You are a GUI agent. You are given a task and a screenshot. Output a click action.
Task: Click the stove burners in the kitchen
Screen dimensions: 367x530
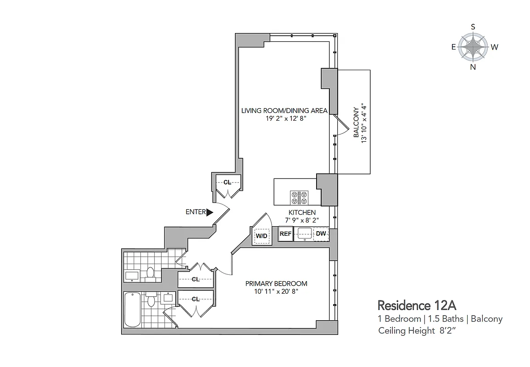[x=299, y=198]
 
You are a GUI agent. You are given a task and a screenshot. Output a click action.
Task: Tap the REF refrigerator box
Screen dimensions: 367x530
[x=285, y=234]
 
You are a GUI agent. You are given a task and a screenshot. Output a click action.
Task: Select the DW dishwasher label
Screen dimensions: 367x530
[x=321, y=234]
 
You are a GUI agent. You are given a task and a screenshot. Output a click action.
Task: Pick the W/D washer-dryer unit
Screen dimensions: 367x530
[x=262, y=236]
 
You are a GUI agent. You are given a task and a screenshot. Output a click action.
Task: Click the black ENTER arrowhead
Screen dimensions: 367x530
[x=210, y=212]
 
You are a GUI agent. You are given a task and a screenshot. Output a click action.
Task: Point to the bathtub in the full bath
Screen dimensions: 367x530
[x=133, y=310]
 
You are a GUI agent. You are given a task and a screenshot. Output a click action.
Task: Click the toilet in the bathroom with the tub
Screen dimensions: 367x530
[x=152, y=300]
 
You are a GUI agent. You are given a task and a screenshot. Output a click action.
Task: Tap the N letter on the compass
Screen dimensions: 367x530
[x=473, y=67]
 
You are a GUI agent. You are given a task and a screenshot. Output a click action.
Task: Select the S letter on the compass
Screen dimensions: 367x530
[x=473, y=27]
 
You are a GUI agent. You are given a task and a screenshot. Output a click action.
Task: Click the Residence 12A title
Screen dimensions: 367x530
[x=416, y=305]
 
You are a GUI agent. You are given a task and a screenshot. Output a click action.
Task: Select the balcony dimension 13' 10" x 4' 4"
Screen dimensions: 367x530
[x=365, y=122]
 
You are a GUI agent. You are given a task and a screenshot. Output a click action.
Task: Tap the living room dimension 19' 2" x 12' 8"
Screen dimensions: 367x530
[x=285, y=118]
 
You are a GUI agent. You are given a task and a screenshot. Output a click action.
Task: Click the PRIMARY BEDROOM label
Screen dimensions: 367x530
[x=276, y=284]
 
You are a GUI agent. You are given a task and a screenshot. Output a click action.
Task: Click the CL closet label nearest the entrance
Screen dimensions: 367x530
[x=227, y=182]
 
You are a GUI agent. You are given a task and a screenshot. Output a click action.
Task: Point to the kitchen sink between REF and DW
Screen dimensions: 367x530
[x=303, y=234]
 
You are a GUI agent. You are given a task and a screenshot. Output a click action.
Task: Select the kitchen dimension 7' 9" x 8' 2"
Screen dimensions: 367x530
[x=301, y=220]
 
